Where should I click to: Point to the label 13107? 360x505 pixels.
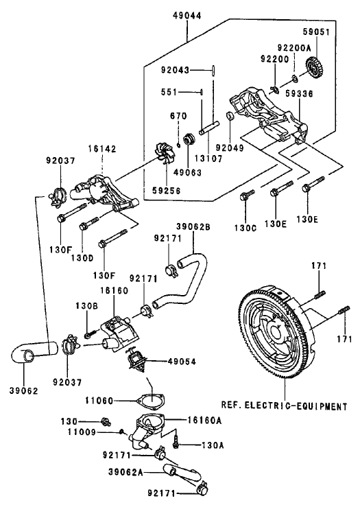point(214,156)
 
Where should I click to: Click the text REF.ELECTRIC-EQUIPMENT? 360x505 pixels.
point(283,406)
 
